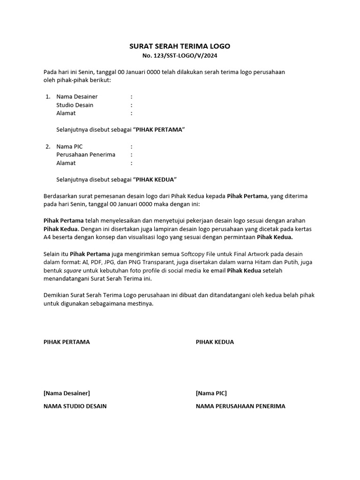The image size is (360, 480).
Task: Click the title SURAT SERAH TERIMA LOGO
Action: pyautogui.click(x=180, y=46)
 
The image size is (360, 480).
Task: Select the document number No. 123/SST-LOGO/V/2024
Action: pyautogui.click(x=180, y=56)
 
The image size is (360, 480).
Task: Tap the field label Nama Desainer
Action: pyautogui.click(x=77, y=97)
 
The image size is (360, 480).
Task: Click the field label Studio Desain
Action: pyautogui.click(x=75, y=105)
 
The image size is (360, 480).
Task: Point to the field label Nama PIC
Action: pyautogui.click(x=69, y=147)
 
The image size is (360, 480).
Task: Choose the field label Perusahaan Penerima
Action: pyautogui.click(x=86, y=155)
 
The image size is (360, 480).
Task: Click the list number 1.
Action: pyautogui.click(x=48, y=97)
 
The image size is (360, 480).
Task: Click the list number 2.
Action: pyautogui.click(x=48, y=147)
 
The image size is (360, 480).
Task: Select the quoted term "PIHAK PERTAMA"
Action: pyautogui.click(x=159, y=129)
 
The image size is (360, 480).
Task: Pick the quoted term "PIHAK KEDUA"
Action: pyautogui.click(x=155, y=180)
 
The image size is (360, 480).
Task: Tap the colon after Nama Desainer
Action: pyautogui.click(x=132, y=97)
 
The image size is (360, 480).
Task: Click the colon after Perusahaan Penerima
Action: pyautogui.click(x=132, y=155)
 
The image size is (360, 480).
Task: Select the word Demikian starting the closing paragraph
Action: pyautogui.click(x=57, y=295)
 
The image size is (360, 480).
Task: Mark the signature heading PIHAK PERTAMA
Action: pyautogui.click(x=67, y=342)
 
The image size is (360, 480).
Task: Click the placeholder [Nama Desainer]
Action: pyautogui.click(x=67, y=393)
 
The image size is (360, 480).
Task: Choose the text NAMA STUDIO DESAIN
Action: pyautogui.click(x=75, y=406)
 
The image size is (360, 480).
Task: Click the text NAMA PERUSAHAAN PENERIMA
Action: pyautogui.click(x=240, y=406)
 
